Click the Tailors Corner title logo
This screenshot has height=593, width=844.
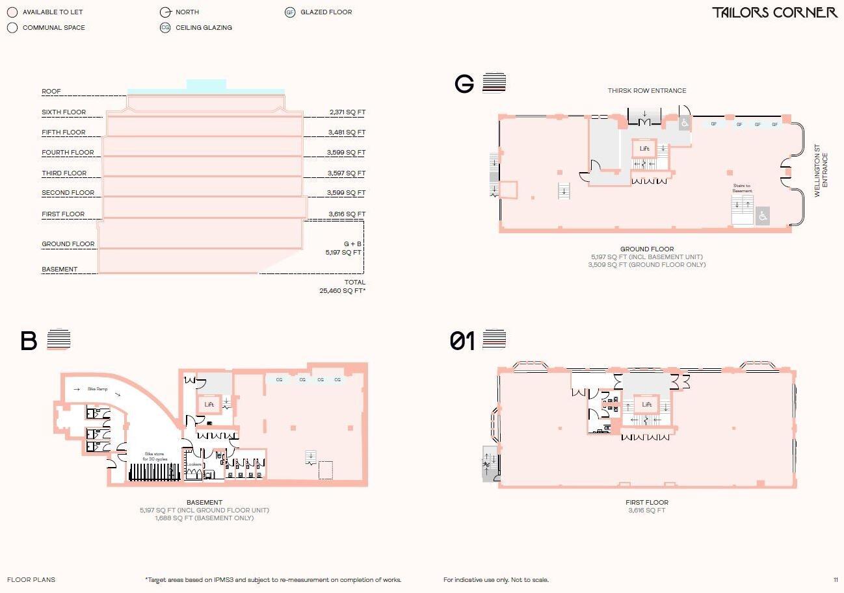pyautogui.click(x=774, y=12)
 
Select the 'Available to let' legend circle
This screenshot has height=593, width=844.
pyautogui.click(x=12, y=12)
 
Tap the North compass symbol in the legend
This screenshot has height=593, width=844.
pyautogui.click(x=165, y=12)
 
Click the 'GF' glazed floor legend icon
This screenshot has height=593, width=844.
pyautogui.click(x=290, y=12)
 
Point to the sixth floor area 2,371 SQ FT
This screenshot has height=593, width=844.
pyautogui.click(x=347, y=112)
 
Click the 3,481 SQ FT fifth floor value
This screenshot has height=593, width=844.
pyautogui.click(x=347, y=132)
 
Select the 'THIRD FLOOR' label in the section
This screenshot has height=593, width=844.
pyautogui.click(x=64, y=173)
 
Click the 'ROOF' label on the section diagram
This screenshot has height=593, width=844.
pyautogui.click(x=51, y=92)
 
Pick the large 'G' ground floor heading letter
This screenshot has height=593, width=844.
pyautogui.click(x=464, y=84)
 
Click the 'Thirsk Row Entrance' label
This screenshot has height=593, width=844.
pyautogui.click(x=646, y=91)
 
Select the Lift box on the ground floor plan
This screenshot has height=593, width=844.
pyautogui.click(x=644, y=149)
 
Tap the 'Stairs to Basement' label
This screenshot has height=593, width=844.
pyautogui.click(x=742, y=188)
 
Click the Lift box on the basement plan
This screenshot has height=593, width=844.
pyautogui.click(x=209, y=405)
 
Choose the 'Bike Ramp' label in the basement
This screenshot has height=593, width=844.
pyautogui.click(x=98, y=390)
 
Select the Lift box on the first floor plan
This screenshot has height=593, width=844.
pyautogui.click(x=646, y=405)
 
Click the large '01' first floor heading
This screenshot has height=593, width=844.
pyautogui.click(x=462, y=341)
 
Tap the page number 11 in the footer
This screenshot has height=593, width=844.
pyautogui.click(x=836, y=580)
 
